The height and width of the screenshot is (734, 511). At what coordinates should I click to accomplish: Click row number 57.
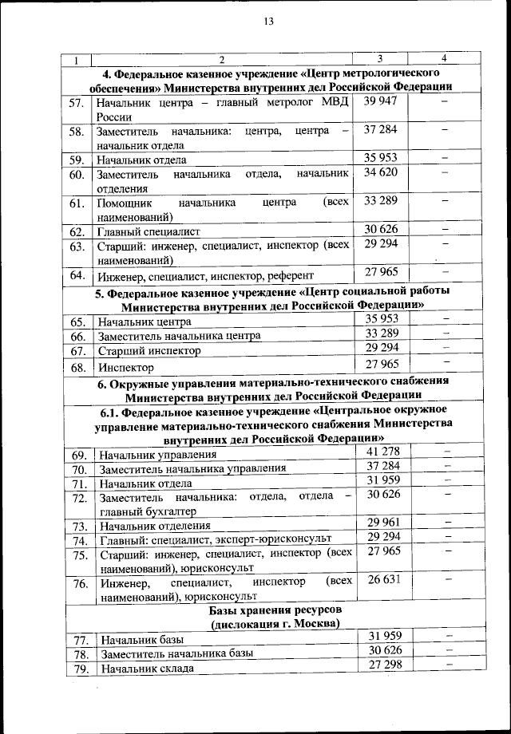click(77, 104)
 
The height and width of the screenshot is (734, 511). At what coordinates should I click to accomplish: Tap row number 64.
click(77, 276)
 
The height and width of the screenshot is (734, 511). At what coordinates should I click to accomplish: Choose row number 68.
click(77, 368)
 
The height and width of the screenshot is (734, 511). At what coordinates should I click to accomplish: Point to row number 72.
click(78, 498)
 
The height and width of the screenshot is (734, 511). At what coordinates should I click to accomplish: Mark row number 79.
click(78, 668)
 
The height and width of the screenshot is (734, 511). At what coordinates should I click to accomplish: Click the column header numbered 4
click(444, 58)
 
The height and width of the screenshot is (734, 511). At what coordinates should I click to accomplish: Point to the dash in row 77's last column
click(447, 636)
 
